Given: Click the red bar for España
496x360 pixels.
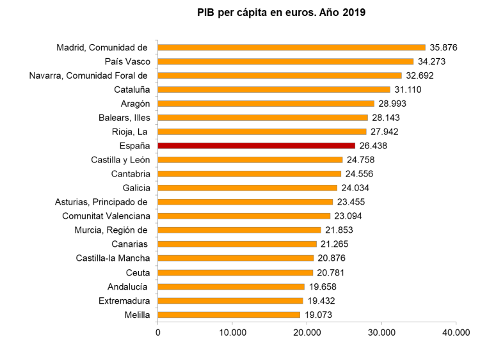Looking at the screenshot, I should coord(256,146).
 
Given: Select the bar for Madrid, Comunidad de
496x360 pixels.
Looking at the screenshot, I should coord(291,47).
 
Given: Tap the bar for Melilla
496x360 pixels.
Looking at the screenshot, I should coord(228,315).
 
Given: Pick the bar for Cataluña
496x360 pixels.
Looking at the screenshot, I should coord(274,90).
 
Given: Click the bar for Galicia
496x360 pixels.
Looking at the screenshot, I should coord(247,188).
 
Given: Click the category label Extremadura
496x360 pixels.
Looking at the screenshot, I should coord(124,301).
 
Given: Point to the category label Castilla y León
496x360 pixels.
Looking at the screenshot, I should coord(121,160).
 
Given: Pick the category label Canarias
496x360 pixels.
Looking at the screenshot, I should coord(130,244).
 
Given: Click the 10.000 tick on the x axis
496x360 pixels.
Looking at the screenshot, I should coord(232,333).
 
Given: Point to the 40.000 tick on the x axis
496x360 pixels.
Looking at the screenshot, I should coord(456,333).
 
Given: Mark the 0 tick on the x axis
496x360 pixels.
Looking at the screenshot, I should coord(157,333).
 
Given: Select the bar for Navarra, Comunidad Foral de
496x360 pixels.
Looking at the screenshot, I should coord(280,75).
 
